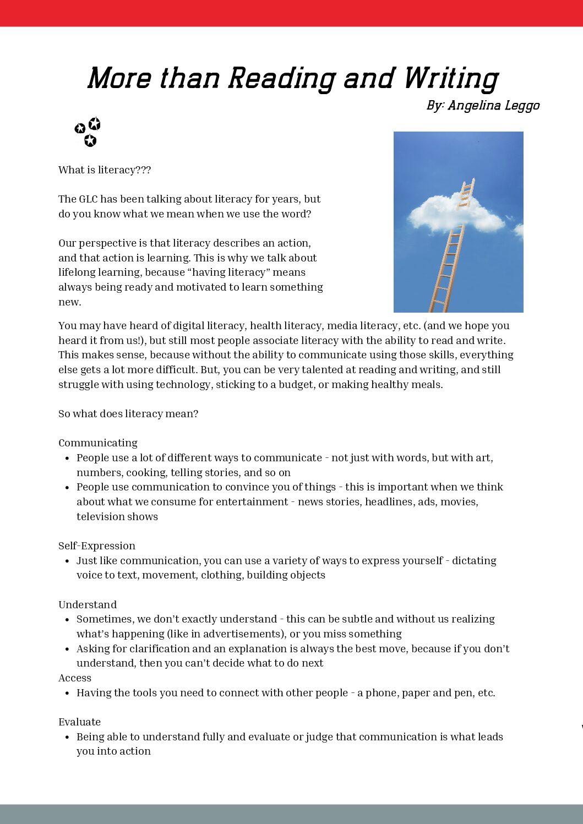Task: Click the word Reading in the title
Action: [281, 78]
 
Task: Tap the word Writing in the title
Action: [450, 78]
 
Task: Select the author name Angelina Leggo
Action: [493, 105]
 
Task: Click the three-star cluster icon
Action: [88, 132]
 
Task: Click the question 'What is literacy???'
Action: [105, 170]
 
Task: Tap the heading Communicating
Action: [98, 443]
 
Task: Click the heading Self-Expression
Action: [97, 546]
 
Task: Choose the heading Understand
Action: [88, 605]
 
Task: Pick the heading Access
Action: [75, 678]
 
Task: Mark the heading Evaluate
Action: [80, 722]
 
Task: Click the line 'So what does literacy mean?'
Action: [128, 414]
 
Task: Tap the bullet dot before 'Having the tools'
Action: [67, 694]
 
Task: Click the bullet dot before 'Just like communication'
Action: [67, 561]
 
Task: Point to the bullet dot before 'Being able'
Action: [67, 738]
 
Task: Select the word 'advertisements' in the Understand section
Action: [245, 634]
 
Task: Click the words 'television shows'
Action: [117, 517]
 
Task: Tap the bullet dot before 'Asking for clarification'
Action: [67, 650]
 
